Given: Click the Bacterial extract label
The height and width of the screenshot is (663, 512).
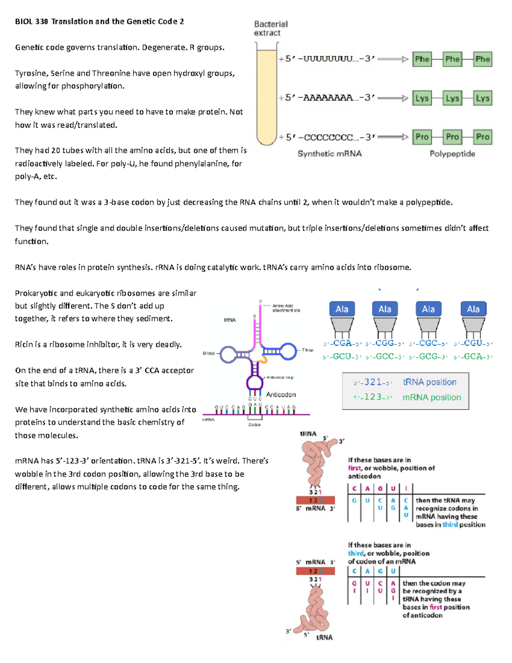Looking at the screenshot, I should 271,28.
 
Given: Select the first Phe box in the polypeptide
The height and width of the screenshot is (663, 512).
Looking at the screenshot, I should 422,59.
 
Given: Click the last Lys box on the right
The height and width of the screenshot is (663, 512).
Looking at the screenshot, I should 483,98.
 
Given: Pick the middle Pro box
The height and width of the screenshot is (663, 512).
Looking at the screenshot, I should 452,137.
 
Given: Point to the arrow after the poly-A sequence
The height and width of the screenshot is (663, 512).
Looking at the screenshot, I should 393,98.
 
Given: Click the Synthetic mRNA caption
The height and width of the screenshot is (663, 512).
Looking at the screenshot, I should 329,154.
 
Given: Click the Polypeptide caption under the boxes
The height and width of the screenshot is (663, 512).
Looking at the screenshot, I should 452,154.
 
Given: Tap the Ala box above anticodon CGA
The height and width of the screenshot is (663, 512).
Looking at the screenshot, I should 342,309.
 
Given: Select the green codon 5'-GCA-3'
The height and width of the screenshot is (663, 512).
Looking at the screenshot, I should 473,357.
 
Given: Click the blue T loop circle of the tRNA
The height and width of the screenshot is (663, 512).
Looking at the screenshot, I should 288,350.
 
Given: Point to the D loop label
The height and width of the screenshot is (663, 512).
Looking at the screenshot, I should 209,353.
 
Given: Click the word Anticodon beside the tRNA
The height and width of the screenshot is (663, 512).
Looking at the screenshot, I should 281,394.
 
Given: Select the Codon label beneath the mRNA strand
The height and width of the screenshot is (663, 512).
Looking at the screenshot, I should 254,425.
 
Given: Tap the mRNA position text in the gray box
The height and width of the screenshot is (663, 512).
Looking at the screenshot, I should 431,397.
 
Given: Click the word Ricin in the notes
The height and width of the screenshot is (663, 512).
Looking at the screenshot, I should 24,345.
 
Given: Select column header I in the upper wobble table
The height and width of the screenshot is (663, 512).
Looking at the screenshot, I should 406,488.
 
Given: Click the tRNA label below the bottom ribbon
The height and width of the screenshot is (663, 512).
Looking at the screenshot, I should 324,637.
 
